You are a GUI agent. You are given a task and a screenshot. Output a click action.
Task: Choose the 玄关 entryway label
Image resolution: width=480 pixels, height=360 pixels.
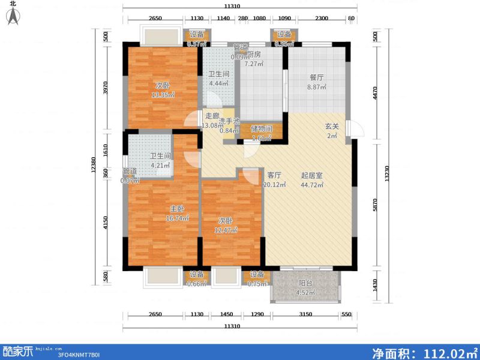tap(332, 127)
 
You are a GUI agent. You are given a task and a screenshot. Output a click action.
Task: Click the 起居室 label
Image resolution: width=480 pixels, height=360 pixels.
tap(312, 175)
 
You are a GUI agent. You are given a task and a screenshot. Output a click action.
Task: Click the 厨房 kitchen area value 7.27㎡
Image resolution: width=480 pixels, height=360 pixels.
tap(251, 63)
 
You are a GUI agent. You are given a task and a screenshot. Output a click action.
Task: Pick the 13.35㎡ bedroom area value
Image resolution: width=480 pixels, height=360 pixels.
tap(163, 95)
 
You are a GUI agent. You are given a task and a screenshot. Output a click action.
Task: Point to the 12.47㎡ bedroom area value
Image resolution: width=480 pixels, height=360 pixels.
tap(226, 230)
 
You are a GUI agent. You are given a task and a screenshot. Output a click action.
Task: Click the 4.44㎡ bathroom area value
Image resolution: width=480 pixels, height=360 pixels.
tap(217, 84)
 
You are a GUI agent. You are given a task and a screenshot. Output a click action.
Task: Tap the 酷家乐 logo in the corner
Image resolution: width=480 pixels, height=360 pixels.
tap(17, 350)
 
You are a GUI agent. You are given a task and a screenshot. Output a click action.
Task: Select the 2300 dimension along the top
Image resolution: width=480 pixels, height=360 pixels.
tap(321, 19)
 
